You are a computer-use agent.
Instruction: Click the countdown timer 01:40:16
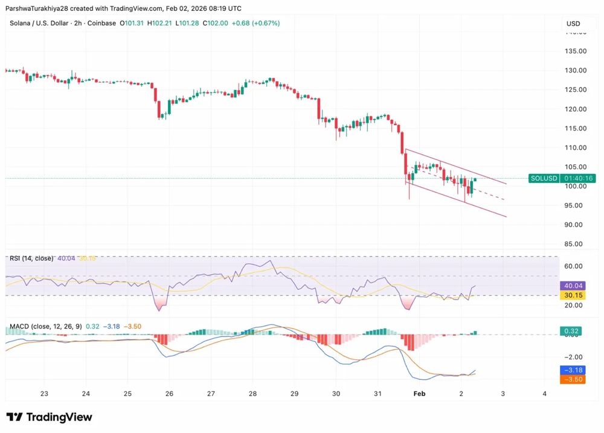pos(579,178)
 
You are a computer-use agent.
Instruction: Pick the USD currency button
pos(573,24)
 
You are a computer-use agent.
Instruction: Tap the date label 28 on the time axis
pos(252,393)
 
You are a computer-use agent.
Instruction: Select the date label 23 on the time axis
pos(44,393)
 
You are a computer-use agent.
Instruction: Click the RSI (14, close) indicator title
pos(31,258)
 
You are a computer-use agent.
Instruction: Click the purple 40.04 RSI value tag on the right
pos(573,286)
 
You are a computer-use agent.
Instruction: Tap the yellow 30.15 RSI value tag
pos(573,295)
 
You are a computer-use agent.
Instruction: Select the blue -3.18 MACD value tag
pos(573,370)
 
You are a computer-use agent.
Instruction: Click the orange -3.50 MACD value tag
pos(573,379)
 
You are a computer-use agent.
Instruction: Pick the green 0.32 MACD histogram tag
pos(573,331)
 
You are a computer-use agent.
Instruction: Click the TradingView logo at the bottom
pos(50,417)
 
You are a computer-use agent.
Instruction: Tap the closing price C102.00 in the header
pos(216,23)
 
